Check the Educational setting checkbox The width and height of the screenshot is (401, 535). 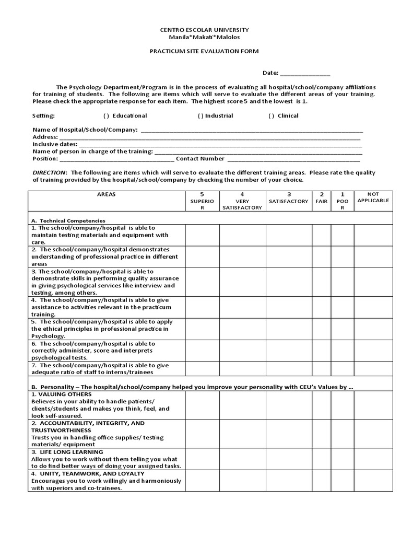pos(106,116)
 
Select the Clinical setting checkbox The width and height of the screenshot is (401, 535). pos(271,116)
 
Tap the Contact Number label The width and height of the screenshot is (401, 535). pos(200,159)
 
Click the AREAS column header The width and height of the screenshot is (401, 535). pos(107,194)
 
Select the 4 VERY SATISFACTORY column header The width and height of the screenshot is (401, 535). pos(242,201)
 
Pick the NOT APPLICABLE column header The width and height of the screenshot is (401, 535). pos(373,197)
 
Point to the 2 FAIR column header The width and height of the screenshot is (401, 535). pos(322,197)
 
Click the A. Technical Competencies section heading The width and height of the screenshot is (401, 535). pos(68,220)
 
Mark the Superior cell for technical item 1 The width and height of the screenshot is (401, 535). pos(202,235)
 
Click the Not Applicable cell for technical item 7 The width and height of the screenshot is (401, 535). pos(373,369)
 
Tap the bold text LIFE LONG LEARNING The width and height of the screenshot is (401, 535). pos(70,452)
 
